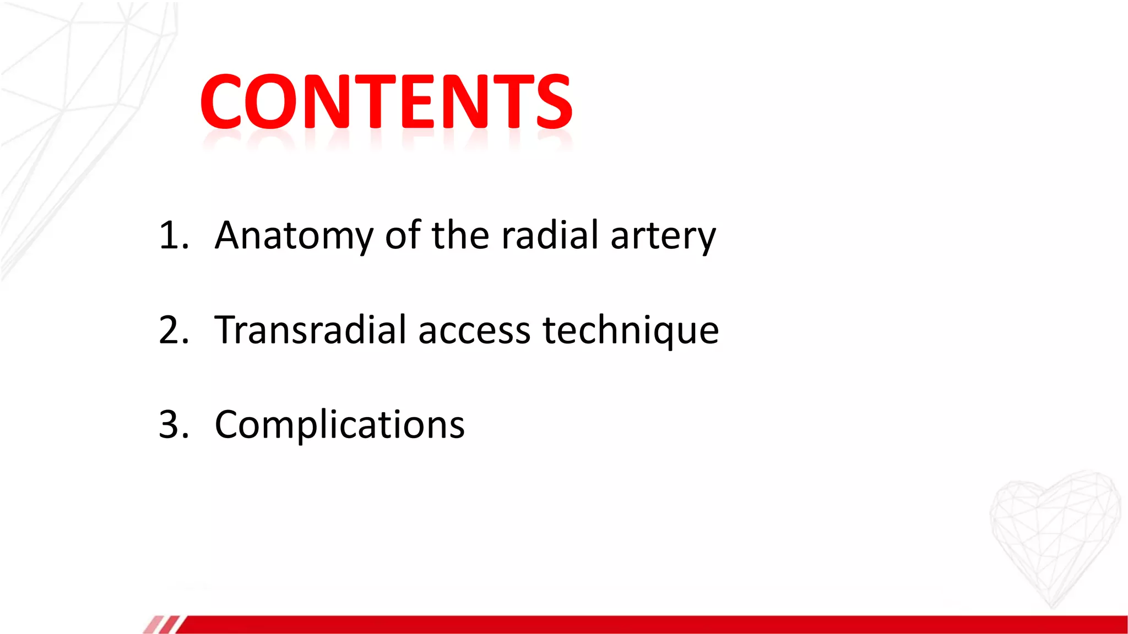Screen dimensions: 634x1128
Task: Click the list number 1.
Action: (171, 236)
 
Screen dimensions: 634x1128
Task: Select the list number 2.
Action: (172, 330)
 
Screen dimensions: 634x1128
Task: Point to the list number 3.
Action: (172, 425)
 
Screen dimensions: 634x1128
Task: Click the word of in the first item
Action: (403, 236)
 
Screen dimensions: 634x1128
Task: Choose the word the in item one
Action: (460, 236)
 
